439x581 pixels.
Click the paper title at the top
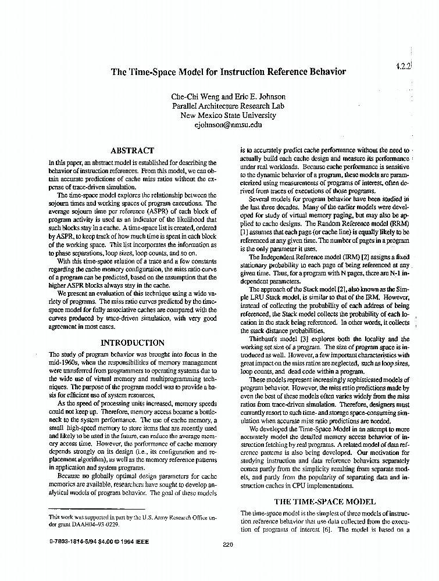point(229,72)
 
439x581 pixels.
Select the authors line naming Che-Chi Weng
point(229,96)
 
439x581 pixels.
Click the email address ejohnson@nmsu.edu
point(229,124)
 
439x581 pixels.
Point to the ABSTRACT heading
point(132,150)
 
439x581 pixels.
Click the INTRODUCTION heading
point(133,342)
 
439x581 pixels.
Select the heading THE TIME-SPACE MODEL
point(324,501)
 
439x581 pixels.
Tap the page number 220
point(228,544)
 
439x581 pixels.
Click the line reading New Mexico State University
point(229,115)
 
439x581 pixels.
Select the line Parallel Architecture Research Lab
point(229,106)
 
